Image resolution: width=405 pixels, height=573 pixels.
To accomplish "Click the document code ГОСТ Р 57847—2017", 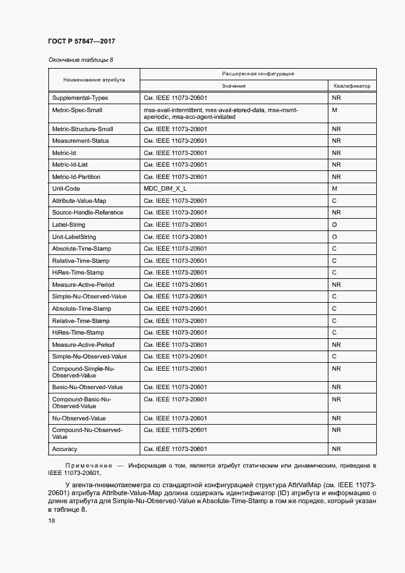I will tap(81, 42).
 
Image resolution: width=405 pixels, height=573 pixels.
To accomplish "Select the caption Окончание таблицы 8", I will tap(80, 59).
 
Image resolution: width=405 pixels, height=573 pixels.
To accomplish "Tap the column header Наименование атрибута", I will tap(94, 80).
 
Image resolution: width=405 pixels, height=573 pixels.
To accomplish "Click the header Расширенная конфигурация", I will tap(258, 74).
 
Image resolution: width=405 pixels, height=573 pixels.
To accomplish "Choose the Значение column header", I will tap(234, 86).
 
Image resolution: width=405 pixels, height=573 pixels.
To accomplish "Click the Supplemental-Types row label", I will tap(80, 98).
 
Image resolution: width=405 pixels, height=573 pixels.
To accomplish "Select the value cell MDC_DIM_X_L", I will tap(165, 189).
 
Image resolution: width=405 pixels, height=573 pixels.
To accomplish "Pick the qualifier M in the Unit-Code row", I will tap(335, 189).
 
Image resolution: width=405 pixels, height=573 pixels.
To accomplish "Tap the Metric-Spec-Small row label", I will tap(77, 110).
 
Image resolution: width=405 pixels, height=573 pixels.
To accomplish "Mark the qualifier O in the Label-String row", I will tap(335, 225).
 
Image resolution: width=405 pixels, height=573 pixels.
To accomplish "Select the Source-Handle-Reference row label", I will tap(88, 213).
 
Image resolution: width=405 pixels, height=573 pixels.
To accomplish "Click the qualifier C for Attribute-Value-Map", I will tap(335, 200).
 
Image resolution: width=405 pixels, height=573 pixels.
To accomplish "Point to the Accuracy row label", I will tap(64, 449).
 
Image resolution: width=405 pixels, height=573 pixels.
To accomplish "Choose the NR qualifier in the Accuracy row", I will tap(336, 449).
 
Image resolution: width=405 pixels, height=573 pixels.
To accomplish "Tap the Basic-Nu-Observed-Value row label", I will tap(87, 387).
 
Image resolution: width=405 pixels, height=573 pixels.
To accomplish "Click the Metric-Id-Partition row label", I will tap(76, 176).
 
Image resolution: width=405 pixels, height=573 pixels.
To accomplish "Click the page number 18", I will tap(51, 520).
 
